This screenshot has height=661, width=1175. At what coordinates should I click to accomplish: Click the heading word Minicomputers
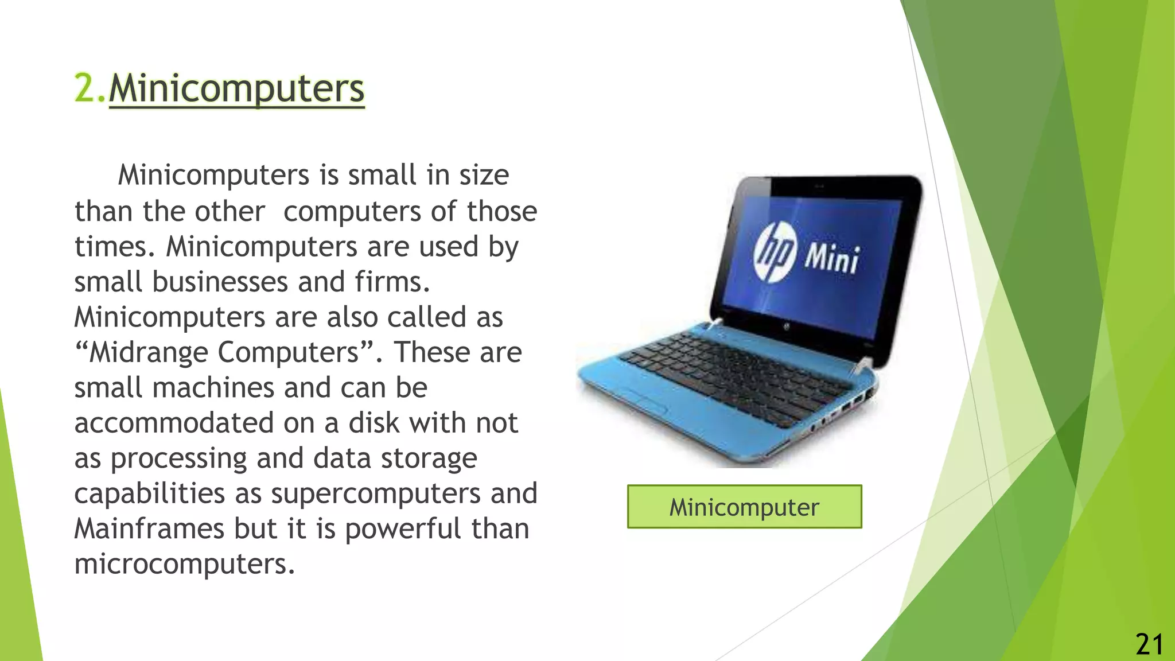[236, 89]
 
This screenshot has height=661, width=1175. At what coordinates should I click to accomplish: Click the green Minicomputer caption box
[744, 507]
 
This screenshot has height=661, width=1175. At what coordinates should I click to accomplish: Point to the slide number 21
[1149, 644]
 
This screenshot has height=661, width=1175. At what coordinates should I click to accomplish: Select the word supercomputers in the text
[375, 493]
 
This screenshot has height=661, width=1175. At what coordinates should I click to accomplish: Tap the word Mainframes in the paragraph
[149, 528]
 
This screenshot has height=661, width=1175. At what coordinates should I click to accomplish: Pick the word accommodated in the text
[174, 423]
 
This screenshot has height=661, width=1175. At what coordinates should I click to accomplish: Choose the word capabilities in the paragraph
[149, 493]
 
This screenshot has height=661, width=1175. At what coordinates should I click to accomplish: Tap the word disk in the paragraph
[373, 423]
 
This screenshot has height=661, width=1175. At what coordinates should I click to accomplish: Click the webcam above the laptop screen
[819, 186]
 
